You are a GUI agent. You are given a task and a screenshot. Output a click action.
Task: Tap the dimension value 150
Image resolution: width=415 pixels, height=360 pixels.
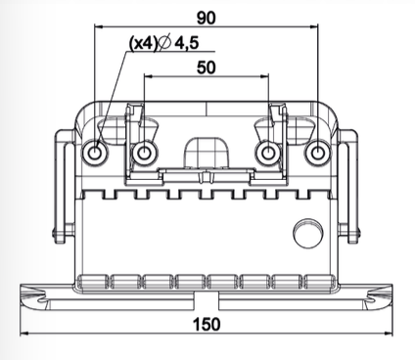pyautogui.click(x=206, y=324)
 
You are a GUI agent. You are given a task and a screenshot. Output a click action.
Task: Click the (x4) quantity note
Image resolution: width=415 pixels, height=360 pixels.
pyautogui.click(x=141, y=44)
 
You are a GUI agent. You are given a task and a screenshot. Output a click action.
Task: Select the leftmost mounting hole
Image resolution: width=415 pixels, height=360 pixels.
pyautogui.click(x=95, y=154)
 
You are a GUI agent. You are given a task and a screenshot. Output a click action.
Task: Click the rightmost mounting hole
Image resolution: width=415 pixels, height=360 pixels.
pyautogui.click(x=315, y=154)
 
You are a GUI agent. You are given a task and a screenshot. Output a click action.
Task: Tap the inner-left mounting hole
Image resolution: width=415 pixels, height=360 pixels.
pyautogui.click(x=144, y=154)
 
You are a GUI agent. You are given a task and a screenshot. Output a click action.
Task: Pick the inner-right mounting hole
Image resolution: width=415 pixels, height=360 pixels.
pyautogui.click(x=266, y=154)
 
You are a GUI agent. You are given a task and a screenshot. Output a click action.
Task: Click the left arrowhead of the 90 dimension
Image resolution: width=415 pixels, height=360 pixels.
pyautogui.click(x=99, y=27)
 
